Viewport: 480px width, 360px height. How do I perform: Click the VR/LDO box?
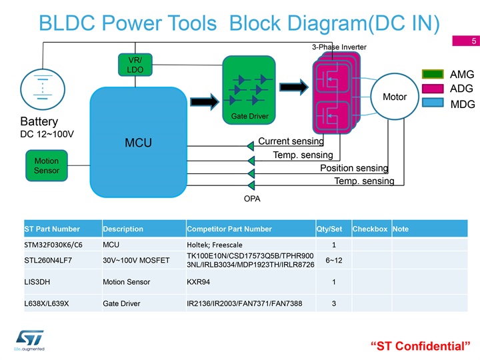pyautogui.click(x=135, y=65)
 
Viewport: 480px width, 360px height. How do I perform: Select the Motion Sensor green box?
pyautogui.click(x=47, y=165)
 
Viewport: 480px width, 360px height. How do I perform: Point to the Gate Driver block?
pyautogui.click(x=249, y=90)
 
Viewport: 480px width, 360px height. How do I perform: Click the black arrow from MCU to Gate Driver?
pyautogui.click(x=205, y=101)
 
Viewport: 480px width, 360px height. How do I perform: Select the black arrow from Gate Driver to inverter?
pyautogui.click(x=294, y=87)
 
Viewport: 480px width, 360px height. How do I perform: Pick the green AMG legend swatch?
pyautogui.click(x=433, y=74)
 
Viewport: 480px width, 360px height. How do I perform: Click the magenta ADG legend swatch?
pyautogui.click(x=433, y=89)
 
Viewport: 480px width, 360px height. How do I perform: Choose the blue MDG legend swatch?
pyautogui.click(x=433, y=103)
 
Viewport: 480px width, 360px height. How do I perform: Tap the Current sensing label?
pyautogui.click(x=291, y=141)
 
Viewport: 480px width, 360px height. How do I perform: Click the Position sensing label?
pyautogui.click(x=354, y=168)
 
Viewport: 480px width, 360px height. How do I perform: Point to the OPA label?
pyautogui.click(x=252, y=199)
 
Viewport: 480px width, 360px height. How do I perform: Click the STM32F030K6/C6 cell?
pyautogui.click(x=53, y=245)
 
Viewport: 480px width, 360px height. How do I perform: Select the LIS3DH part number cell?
pyautogui.click(x=37, y=282)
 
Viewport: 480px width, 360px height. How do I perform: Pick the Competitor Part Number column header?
pyautogui.click(x=229, y=229)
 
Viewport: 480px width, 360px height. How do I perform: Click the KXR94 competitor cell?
pyautogui.click(x=199, y=282)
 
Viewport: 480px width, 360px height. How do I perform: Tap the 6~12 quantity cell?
pyautogui.click(x=334, y=261)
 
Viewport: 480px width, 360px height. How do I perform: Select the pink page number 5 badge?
pyautogui.click(x=466, y=41)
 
